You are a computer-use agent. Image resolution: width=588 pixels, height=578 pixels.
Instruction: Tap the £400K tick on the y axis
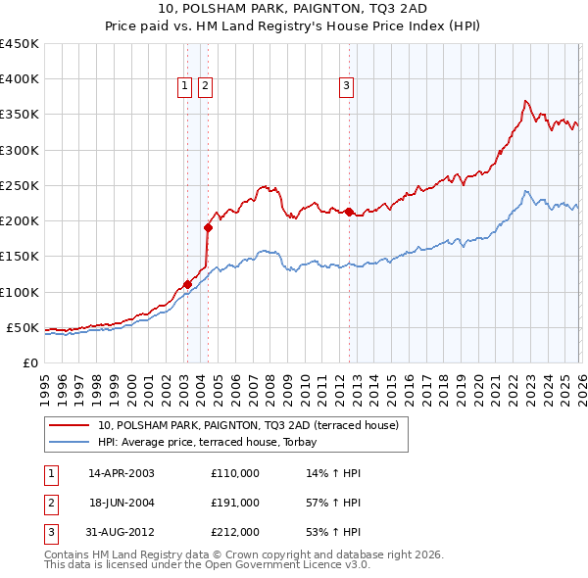[20, 79]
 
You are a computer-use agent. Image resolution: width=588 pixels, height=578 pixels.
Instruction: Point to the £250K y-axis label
[20, 185]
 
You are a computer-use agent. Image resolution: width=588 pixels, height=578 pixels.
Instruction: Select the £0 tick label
[29, 362]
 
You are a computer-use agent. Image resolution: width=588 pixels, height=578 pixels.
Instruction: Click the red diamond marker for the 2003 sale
[187, 285]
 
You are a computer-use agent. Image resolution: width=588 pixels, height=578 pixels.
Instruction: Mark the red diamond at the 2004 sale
[208, 227]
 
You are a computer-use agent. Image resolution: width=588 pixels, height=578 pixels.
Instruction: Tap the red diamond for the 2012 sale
[349, 212]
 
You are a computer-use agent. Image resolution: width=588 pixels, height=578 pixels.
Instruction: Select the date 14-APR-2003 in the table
[122, 473]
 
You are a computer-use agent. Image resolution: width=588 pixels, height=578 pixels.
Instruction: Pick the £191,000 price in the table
[235, 503]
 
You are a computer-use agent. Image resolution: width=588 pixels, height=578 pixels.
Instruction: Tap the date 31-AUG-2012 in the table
[122, 532]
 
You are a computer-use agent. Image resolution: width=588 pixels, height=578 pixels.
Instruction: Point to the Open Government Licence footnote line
[193, 565]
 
